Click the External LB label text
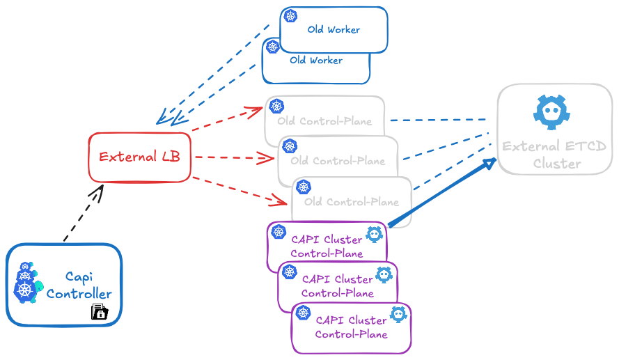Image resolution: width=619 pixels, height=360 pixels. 139,157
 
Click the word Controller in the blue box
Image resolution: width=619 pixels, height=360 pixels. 79,294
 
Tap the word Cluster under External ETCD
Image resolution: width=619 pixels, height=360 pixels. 556,164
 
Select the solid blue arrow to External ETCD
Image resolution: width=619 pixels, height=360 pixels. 442,193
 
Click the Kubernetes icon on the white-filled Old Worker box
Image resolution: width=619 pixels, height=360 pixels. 291,17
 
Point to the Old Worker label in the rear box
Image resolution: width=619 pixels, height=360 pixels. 316,61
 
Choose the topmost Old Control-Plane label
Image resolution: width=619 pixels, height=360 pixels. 324,121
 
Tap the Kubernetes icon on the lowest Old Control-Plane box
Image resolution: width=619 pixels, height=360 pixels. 304,187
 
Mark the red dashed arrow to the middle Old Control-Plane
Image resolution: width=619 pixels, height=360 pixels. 233,158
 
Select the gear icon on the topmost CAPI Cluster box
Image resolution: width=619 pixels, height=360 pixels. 374,235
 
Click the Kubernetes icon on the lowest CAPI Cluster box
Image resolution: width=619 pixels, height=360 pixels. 303,313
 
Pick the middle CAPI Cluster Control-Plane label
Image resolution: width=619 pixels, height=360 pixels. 338,286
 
